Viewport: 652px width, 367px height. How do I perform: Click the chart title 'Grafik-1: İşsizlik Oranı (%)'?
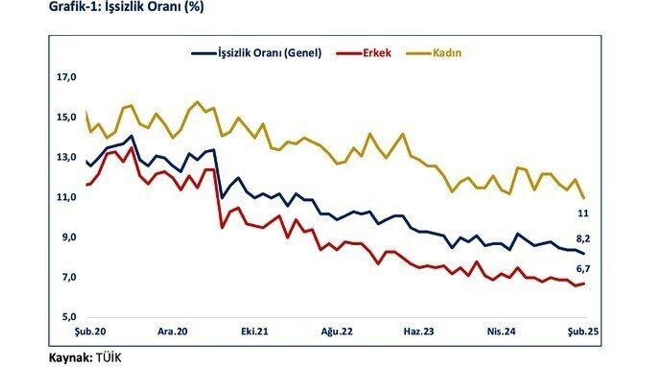pos(126,9)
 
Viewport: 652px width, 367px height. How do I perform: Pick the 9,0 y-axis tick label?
pos(68,238)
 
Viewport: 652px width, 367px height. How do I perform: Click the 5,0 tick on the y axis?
pos(68,317)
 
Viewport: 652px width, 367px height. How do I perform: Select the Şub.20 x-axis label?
pos(91,331)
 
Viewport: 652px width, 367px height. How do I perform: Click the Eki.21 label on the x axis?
pos(255,331)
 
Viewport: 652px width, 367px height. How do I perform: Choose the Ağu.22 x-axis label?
pos(337,331)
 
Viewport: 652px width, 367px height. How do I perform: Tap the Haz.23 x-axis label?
pos(419,331)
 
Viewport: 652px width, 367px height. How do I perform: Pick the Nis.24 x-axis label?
pos(501,331)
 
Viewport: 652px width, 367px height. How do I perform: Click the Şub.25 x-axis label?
pos(583,331)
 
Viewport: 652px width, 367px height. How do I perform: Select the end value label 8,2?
pos(583,239)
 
